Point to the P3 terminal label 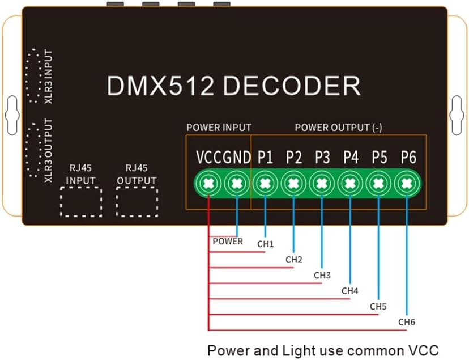(322, 158)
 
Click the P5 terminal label (380, 158)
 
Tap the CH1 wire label (265, 244)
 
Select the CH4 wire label (350, 291)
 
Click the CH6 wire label (407, 322)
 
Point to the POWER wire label (228, 241)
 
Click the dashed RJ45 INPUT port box (81, 201)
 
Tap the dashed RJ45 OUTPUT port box (137, 201)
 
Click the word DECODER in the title (291, 86)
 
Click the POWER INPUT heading (219, 128)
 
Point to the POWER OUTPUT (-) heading (338, 128)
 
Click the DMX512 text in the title (161, 86)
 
